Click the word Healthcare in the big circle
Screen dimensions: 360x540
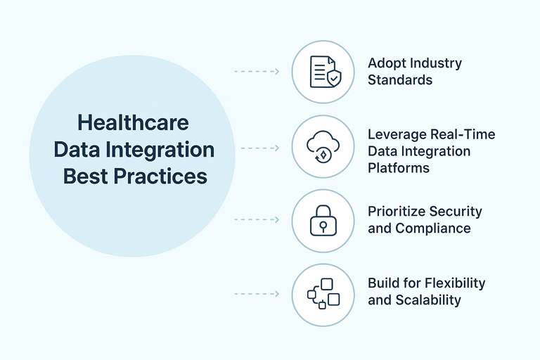pyautogui.click(x=133, y=122)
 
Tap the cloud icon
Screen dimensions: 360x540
pyautogui.click(x=323, y=146)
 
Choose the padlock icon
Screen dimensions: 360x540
pyautogui.click(x=323, y=220)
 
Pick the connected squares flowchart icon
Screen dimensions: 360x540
pyautogui.click(x=323, y=294)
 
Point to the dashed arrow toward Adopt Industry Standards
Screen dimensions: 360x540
pyautogui.click(x=257, y=72)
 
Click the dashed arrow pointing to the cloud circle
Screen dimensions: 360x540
pyautogui.click(x=260, y=148)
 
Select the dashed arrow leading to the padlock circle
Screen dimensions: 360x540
pyautogui.click(x=257, y=220)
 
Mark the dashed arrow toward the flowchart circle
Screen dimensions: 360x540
pyautogui.click(x=257, y=293)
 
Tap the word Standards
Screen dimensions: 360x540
pyautogui.click(x=400, y=79)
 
